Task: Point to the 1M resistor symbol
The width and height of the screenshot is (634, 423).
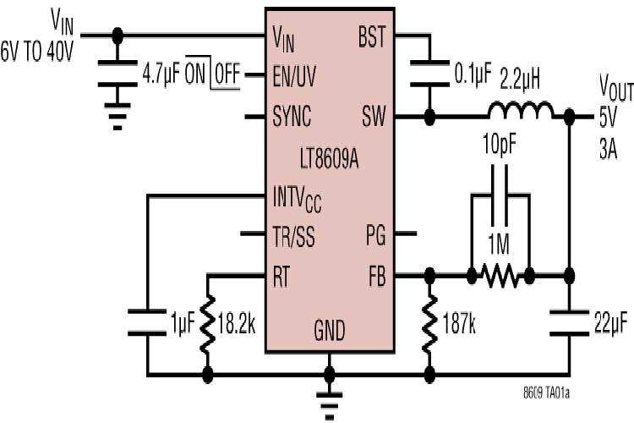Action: pyautogui.click(x=500, y=274)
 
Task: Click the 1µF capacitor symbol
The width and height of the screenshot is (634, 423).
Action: pyautogui.click(x=148, y=321)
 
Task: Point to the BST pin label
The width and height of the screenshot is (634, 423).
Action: pyautogui.click(x=371, y=37)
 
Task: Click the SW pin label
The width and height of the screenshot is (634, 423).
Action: pyautogui.click(x=372, y=114)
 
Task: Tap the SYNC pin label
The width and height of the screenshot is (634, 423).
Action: pyautogui.click(x=292, y=114)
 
